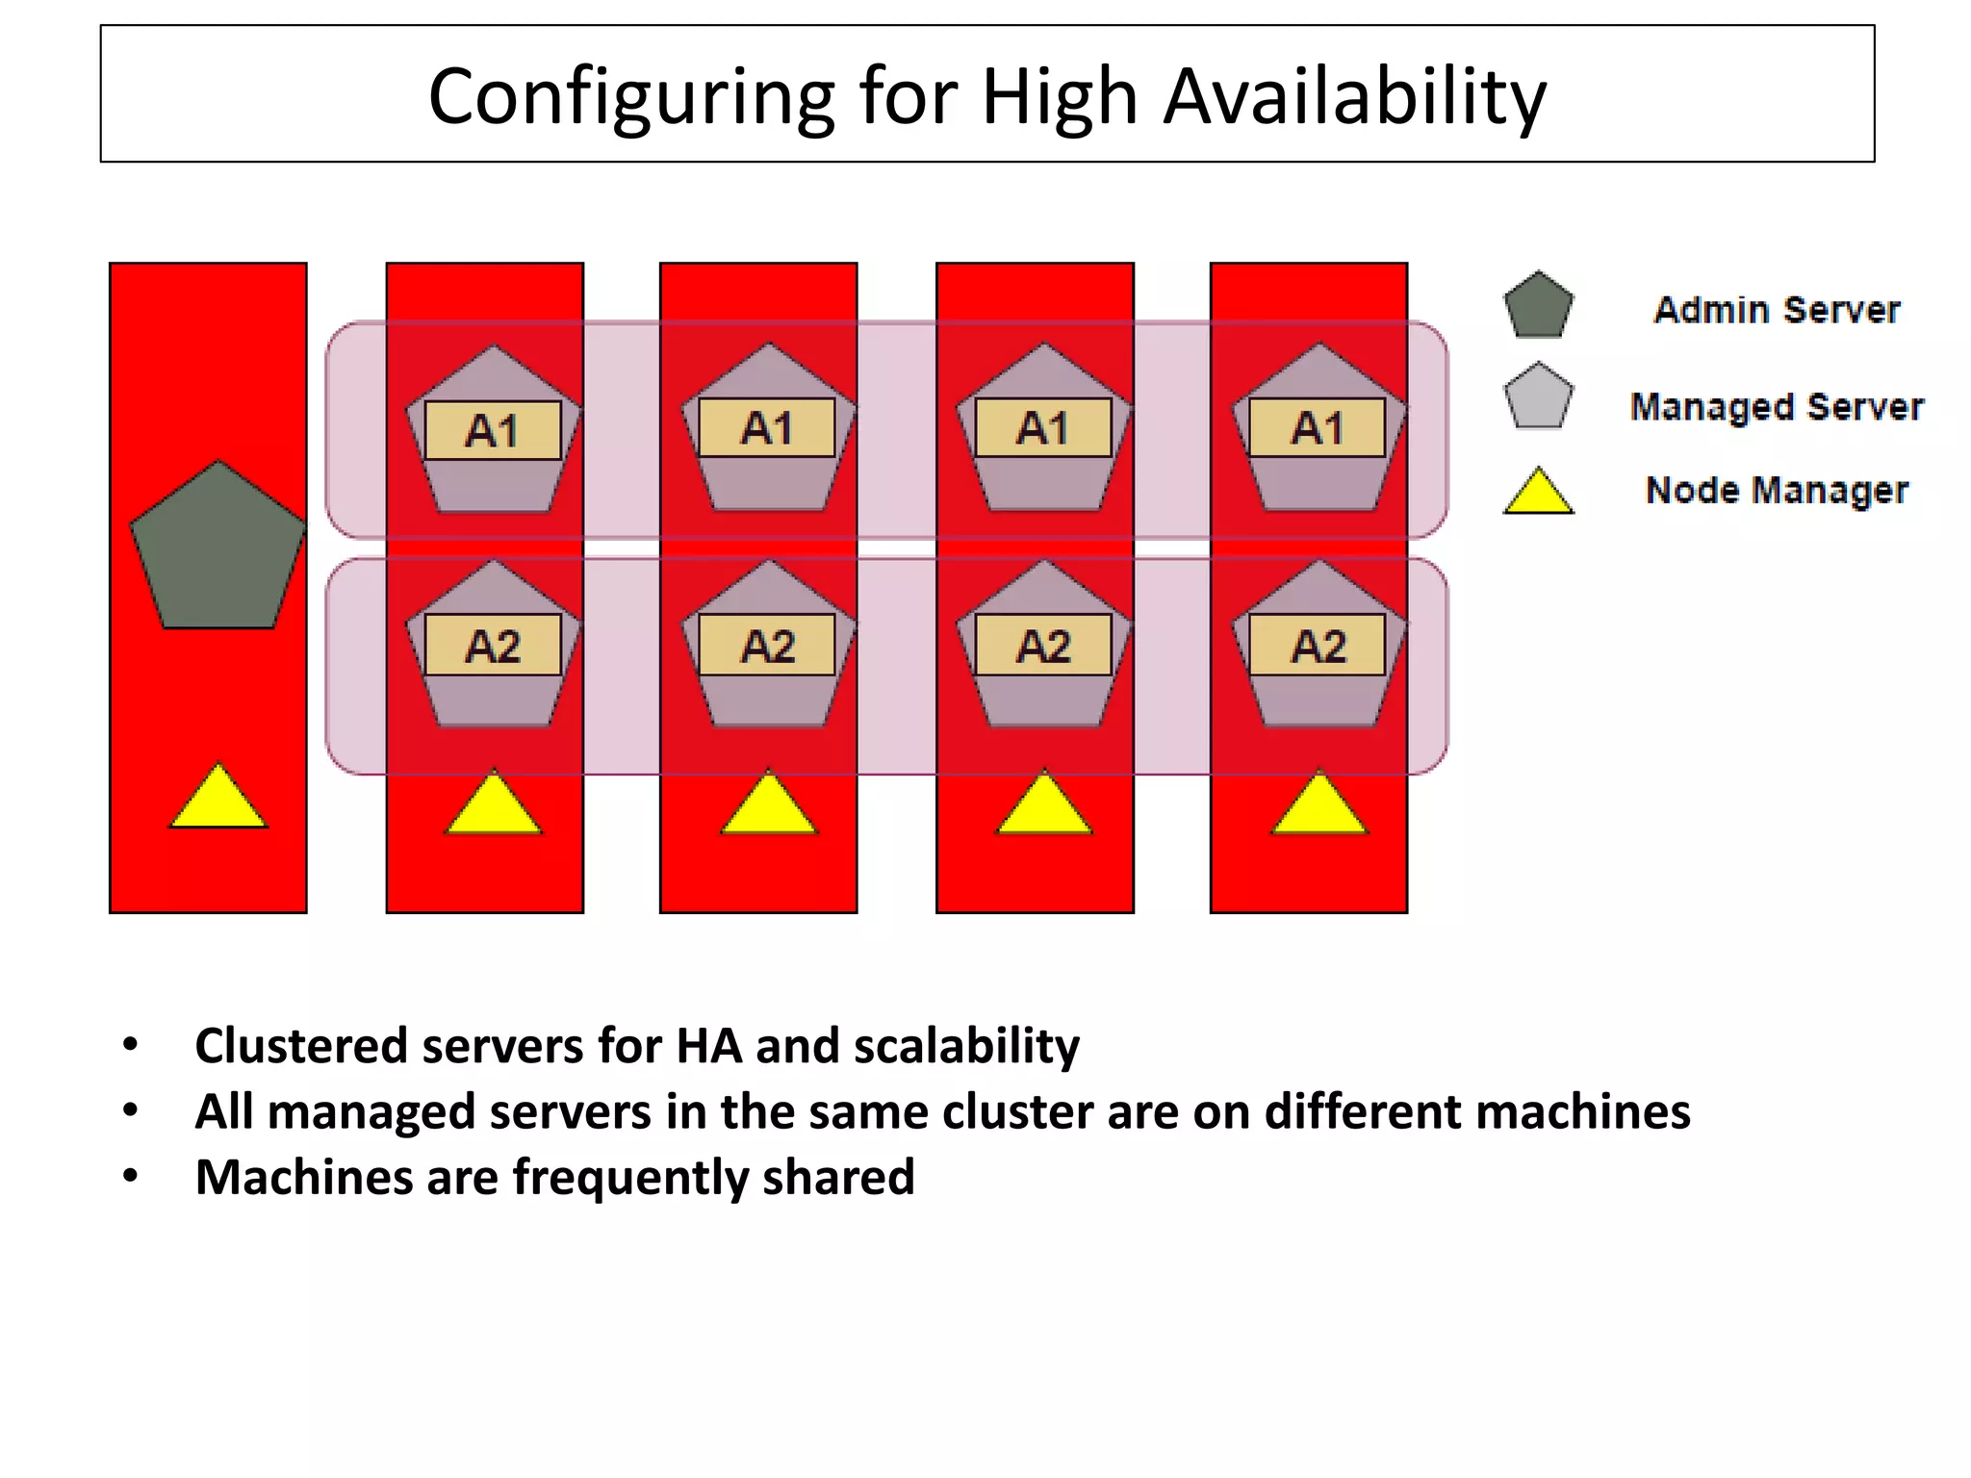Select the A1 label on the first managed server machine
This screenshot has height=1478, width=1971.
coord(493,430)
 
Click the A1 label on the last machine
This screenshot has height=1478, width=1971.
coord(1317,428)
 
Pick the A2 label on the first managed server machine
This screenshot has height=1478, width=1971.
coord(493,646)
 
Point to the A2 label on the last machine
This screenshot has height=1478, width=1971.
coord(1317,646)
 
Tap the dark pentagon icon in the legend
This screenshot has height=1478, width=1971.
coord(1538,306)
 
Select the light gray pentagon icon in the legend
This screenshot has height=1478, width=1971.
coord(1538,397)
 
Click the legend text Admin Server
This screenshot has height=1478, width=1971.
coord(1777,310)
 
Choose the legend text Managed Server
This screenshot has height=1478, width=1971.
coord(1777,407)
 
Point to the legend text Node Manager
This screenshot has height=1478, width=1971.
coord(1777,491)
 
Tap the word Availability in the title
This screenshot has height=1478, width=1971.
coord(1354,98)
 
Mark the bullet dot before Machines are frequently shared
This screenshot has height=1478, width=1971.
coord(131,1176)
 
